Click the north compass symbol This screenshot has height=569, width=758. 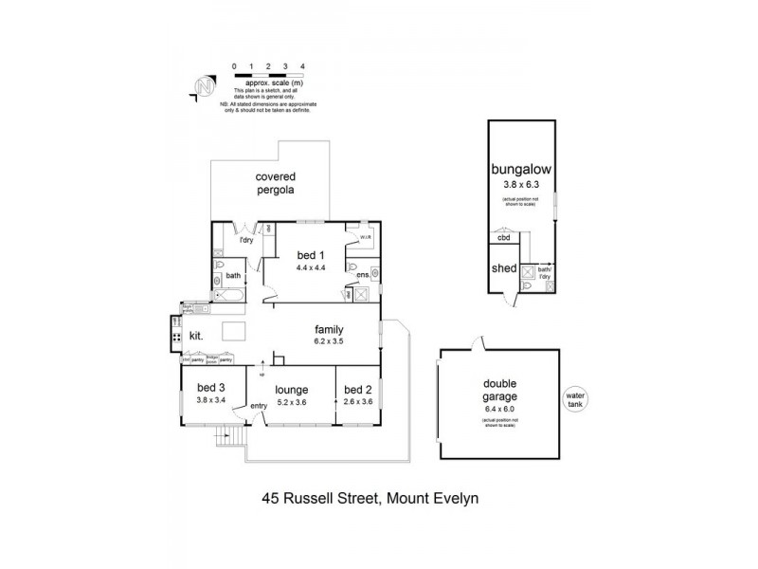click(x=202, y=86)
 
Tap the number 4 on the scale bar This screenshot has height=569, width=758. click(x=301, y=66)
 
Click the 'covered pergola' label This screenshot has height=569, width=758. click(x=274, y=183)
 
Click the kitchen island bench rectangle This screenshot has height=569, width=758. click(x=234, y=332)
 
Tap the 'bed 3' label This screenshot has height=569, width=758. click(x=211, y=387)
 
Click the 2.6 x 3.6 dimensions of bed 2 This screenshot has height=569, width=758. click(x=356, y=401)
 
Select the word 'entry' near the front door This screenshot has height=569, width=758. click(x=259, y=407)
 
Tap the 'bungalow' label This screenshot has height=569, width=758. click(x=520, y=170)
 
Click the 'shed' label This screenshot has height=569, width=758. click(x=504, y=268)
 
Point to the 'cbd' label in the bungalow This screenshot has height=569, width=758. click(x=502, y=239)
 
